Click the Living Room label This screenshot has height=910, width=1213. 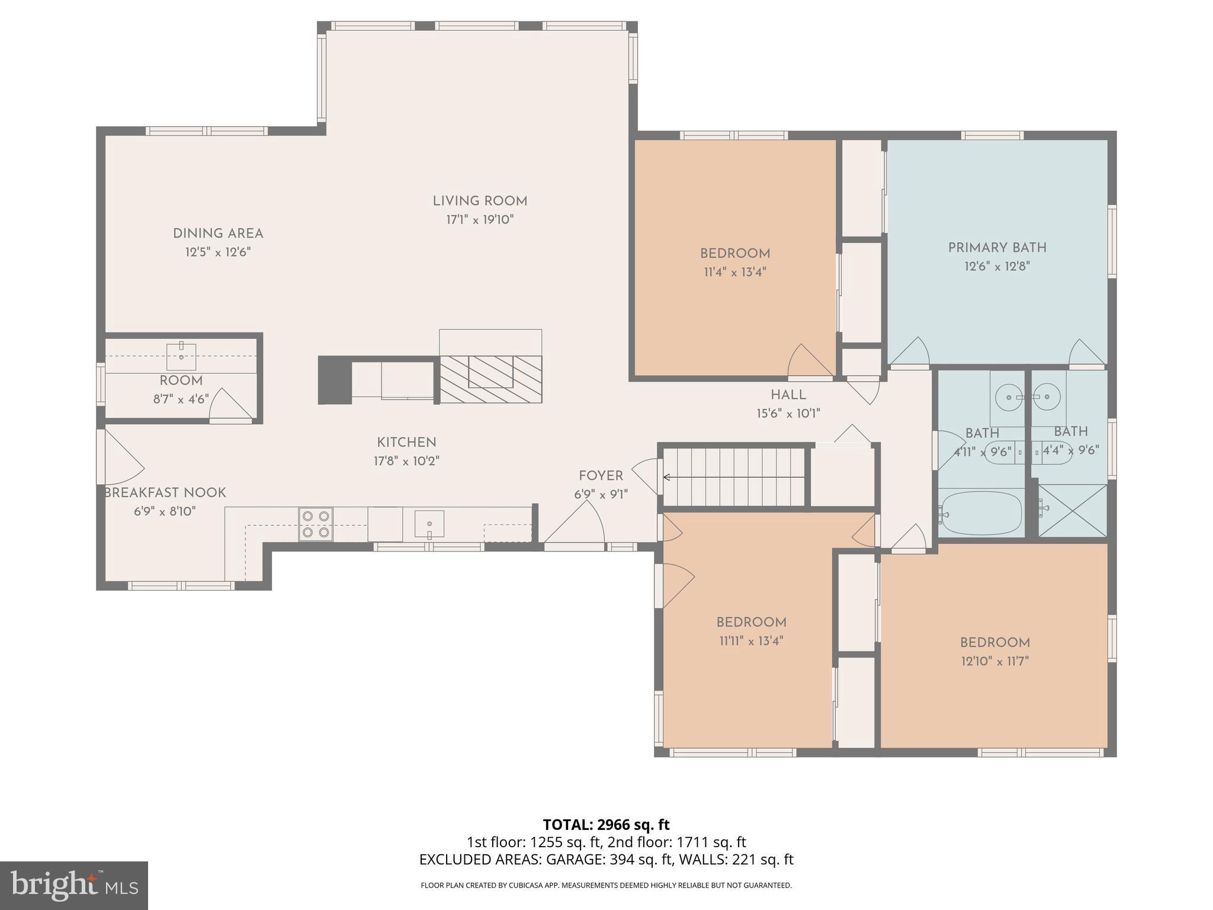click(x=480, y=201)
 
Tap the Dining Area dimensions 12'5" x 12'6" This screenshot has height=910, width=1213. click(x=218, y=252)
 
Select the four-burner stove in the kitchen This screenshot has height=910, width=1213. click(x=316, y=524)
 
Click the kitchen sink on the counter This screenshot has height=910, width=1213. click(x=429, y=524)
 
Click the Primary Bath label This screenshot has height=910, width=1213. click(x=997, y=248)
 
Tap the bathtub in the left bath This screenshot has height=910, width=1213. click(x=981, y=513)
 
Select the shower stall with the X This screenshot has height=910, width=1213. click(x=1072, y=511)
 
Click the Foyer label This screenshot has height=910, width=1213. click(x=601, y=476)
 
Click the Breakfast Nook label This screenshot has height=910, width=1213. click(x=165, y=493)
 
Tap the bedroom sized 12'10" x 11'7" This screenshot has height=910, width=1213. click(x=994, y=651)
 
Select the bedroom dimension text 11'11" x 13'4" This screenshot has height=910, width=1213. click(x=750, y=641)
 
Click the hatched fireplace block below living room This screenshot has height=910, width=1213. click(x=490, y=379)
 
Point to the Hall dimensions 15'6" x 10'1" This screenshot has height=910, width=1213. click(x=788, y=414)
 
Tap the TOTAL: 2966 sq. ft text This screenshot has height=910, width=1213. click(x=606, y=825)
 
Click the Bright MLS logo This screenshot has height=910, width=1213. click(x=73, y=886)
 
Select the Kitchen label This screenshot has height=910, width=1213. click(x=406, y=443)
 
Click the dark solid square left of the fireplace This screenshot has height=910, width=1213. click(x=335, y=380)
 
